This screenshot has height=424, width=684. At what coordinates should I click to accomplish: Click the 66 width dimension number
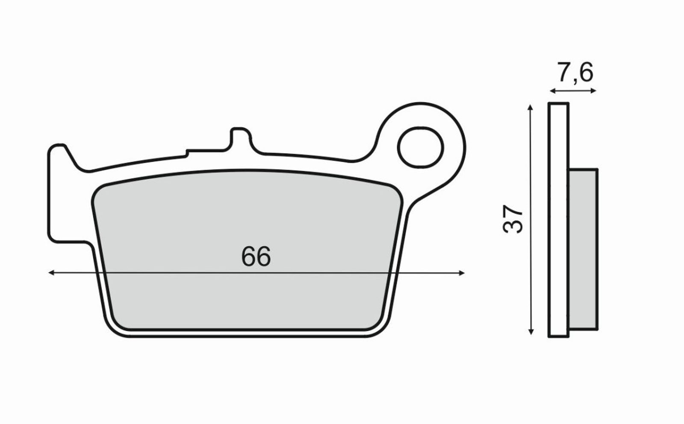256,256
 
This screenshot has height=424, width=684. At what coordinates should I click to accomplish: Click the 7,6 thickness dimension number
575,73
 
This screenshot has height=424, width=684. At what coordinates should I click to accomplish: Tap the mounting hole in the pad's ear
421,147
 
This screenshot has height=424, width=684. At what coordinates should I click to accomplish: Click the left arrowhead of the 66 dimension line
51,273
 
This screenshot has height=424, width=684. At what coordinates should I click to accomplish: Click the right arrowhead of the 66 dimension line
462,273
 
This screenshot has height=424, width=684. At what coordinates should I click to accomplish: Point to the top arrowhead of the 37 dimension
531,107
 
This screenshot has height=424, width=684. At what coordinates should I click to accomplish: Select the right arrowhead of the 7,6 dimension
593,91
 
